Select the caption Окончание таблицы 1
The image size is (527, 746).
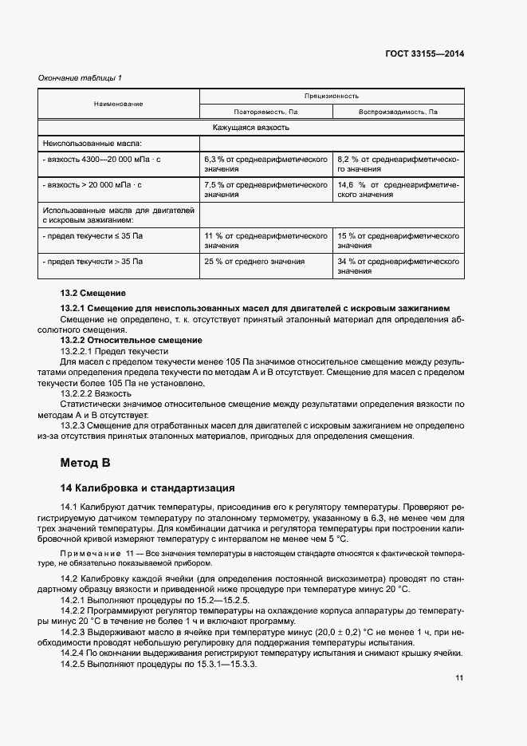[81, 77]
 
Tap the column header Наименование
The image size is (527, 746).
[118, 104]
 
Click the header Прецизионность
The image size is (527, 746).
[331, 95]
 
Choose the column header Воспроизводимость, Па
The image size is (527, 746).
[398, 112]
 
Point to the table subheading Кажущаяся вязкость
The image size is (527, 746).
[250, 128]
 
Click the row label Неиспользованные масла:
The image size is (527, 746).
[91, 144]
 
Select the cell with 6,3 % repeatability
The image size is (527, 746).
[265, 164]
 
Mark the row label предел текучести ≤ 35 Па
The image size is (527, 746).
[93, 237]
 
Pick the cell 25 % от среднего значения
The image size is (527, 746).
[254, 262]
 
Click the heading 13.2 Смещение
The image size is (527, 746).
[93, 294]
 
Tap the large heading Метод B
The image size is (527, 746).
[85, 463]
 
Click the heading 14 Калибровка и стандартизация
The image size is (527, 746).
[147, 487]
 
